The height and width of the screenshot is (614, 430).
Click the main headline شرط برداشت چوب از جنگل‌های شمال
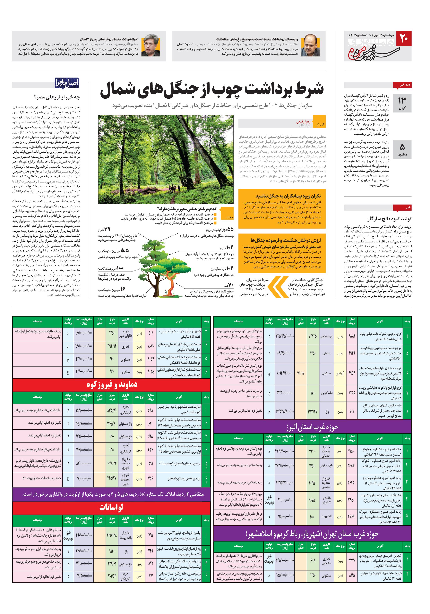(x=212, y=90)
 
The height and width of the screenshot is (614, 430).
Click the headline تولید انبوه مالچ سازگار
(x=389, y=219)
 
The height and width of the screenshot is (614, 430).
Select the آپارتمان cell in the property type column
(x=340, y=373)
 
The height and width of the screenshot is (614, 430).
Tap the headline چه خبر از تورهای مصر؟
(x=57, y=97)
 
